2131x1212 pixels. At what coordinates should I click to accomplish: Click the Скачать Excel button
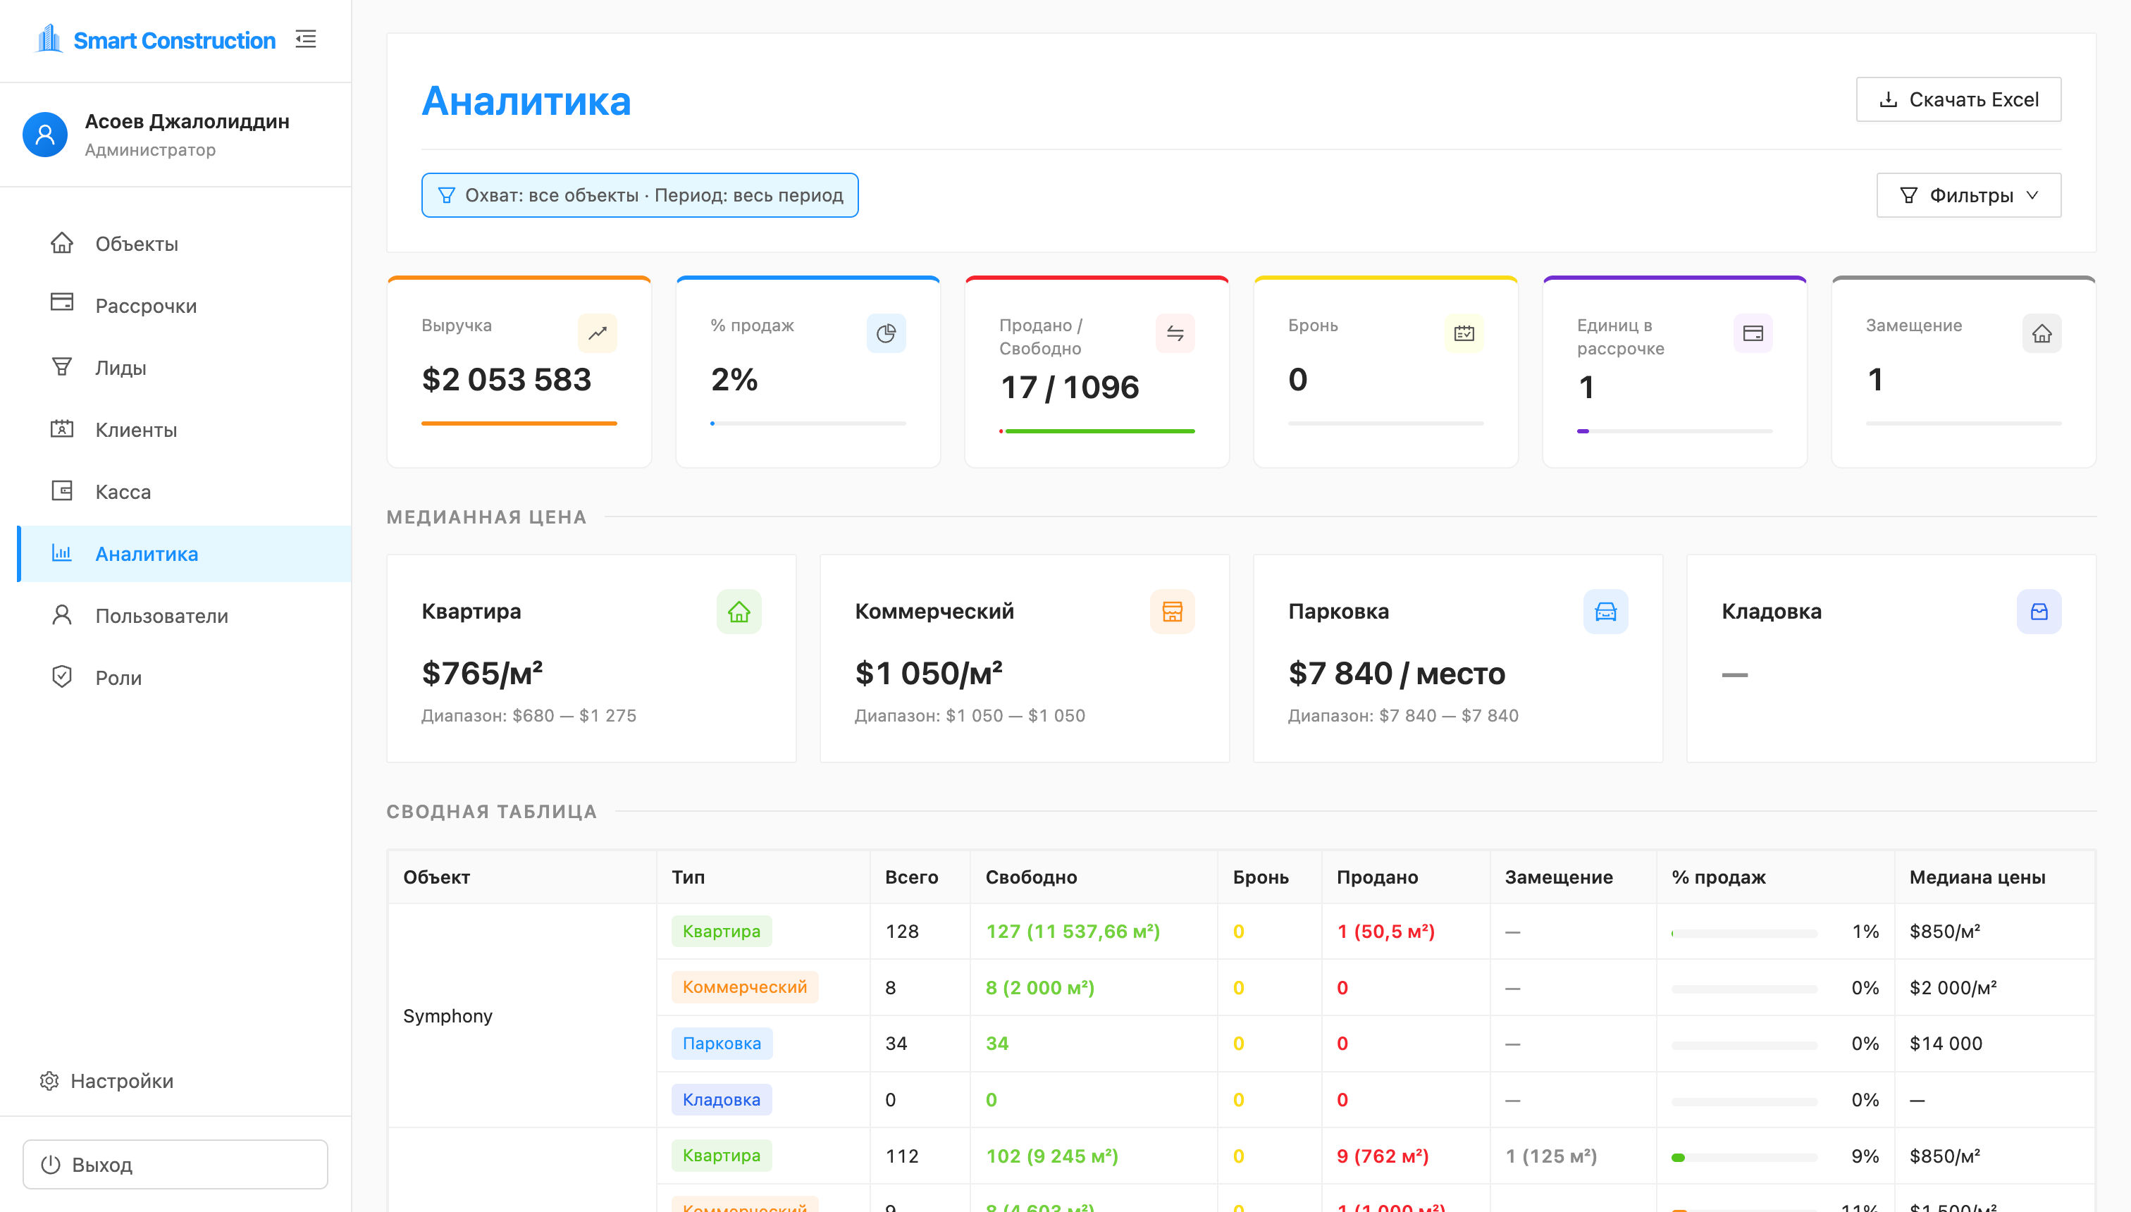(1958, 100)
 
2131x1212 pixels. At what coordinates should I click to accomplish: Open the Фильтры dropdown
(1969, 196)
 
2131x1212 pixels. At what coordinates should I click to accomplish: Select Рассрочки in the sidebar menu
(147, 306)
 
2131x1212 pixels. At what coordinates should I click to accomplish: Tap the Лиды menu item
(121, 367)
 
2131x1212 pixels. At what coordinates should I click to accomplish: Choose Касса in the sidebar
(123, 491)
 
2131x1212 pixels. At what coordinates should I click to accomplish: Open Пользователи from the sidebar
(161, 615)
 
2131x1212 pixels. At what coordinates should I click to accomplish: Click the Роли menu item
(118, 678)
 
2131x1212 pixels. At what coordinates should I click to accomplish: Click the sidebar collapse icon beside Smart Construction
(306, 39)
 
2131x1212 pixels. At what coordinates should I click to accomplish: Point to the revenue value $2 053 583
(506, 380)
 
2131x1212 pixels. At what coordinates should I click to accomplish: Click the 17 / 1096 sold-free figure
(1070, 387)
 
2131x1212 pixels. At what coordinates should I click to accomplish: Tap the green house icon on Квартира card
(739, 612)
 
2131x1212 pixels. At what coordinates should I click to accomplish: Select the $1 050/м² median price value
(929, 673)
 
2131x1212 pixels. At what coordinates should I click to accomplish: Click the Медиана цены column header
(1977, 877)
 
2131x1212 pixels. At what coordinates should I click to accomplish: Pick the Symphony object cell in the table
(448, 1015)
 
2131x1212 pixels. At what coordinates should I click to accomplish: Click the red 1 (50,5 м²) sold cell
(1386, 931)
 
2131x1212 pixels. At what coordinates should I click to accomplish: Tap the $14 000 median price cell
(1946, 1043)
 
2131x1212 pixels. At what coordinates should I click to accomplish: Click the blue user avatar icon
(45, 135)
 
